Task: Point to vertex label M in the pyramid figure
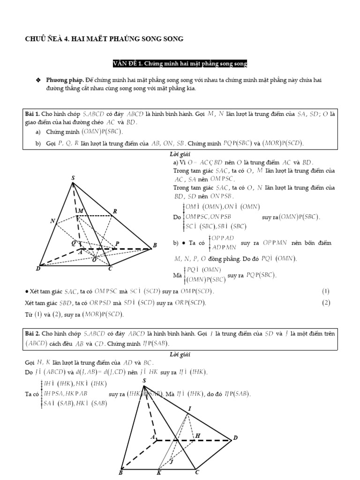(x=81, y=211)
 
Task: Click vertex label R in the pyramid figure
(x=114, y=211)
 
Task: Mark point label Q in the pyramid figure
(x=73, y=243)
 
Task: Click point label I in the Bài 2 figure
(x=189, y=409)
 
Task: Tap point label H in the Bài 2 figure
(x=197, y=435)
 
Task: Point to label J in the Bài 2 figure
(x=172, y=461)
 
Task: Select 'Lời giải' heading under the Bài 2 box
(x=180, y=354)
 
